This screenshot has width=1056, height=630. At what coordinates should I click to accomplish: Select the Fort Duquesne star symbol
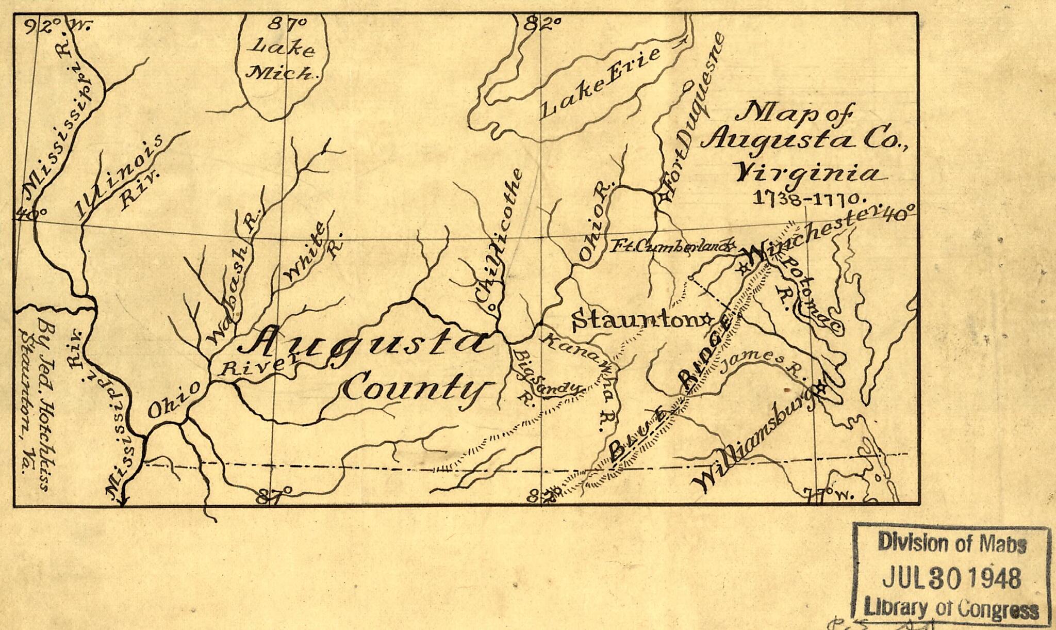(663, 197)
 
